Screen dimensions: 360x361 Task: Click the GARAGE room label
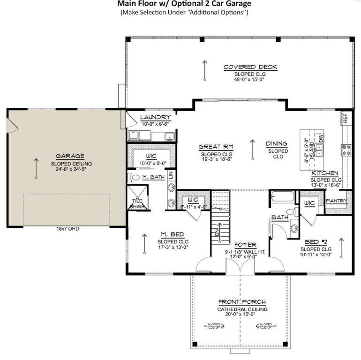pos(70,156)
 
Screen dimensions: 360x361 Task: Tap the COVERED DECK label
pos(250,67)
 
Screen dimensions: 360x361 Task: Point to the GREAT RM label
pos(216,147)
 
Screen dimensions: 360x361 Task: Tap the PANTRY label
pos(337,201)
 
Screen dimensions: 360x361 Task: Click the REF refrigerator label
pos(345,118)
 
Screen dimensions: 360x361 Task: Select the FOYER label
pos(246,245)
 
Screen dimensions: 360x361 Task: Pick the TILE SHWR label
pos(137,203)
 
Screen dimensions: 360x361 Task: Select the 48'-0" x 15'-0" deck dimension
pos(250,80)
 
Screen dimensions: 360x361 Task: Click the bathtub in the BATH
pos(282,195)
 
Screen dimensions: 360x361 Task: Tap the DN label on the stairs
pos(217,233)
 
